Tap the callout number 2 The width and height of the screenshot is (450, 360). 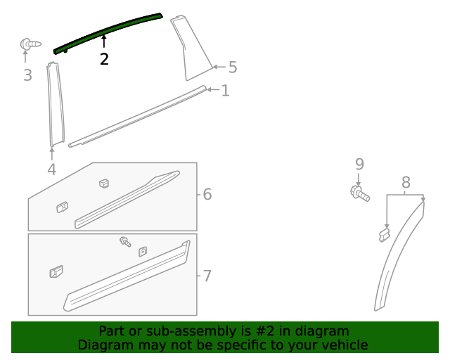pos(104,59)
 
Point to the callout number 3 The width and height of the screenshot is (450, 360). pos(27,75)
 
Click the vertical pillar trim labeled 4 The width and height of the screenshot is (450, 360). pos(54,105)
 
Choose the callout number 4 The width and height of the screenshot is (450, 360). pos(51,169)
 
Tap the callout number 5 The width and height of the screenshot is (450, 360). pos(232,67)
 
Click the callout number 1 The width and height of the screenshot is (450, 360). pos(225,91)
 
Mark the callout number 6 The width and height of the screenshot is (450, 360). pos(207,194)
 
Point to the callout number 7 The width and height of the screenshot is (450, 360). pos(207,276)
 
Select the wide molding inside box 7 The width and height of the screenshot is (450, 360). pos(127,278)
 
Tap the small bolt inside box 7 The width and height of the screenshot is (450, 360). pos(125,241)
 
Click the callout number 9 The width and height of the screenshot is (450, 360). pos(359,164)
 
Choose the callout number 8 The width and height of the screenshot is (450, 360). pos(406,183)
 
